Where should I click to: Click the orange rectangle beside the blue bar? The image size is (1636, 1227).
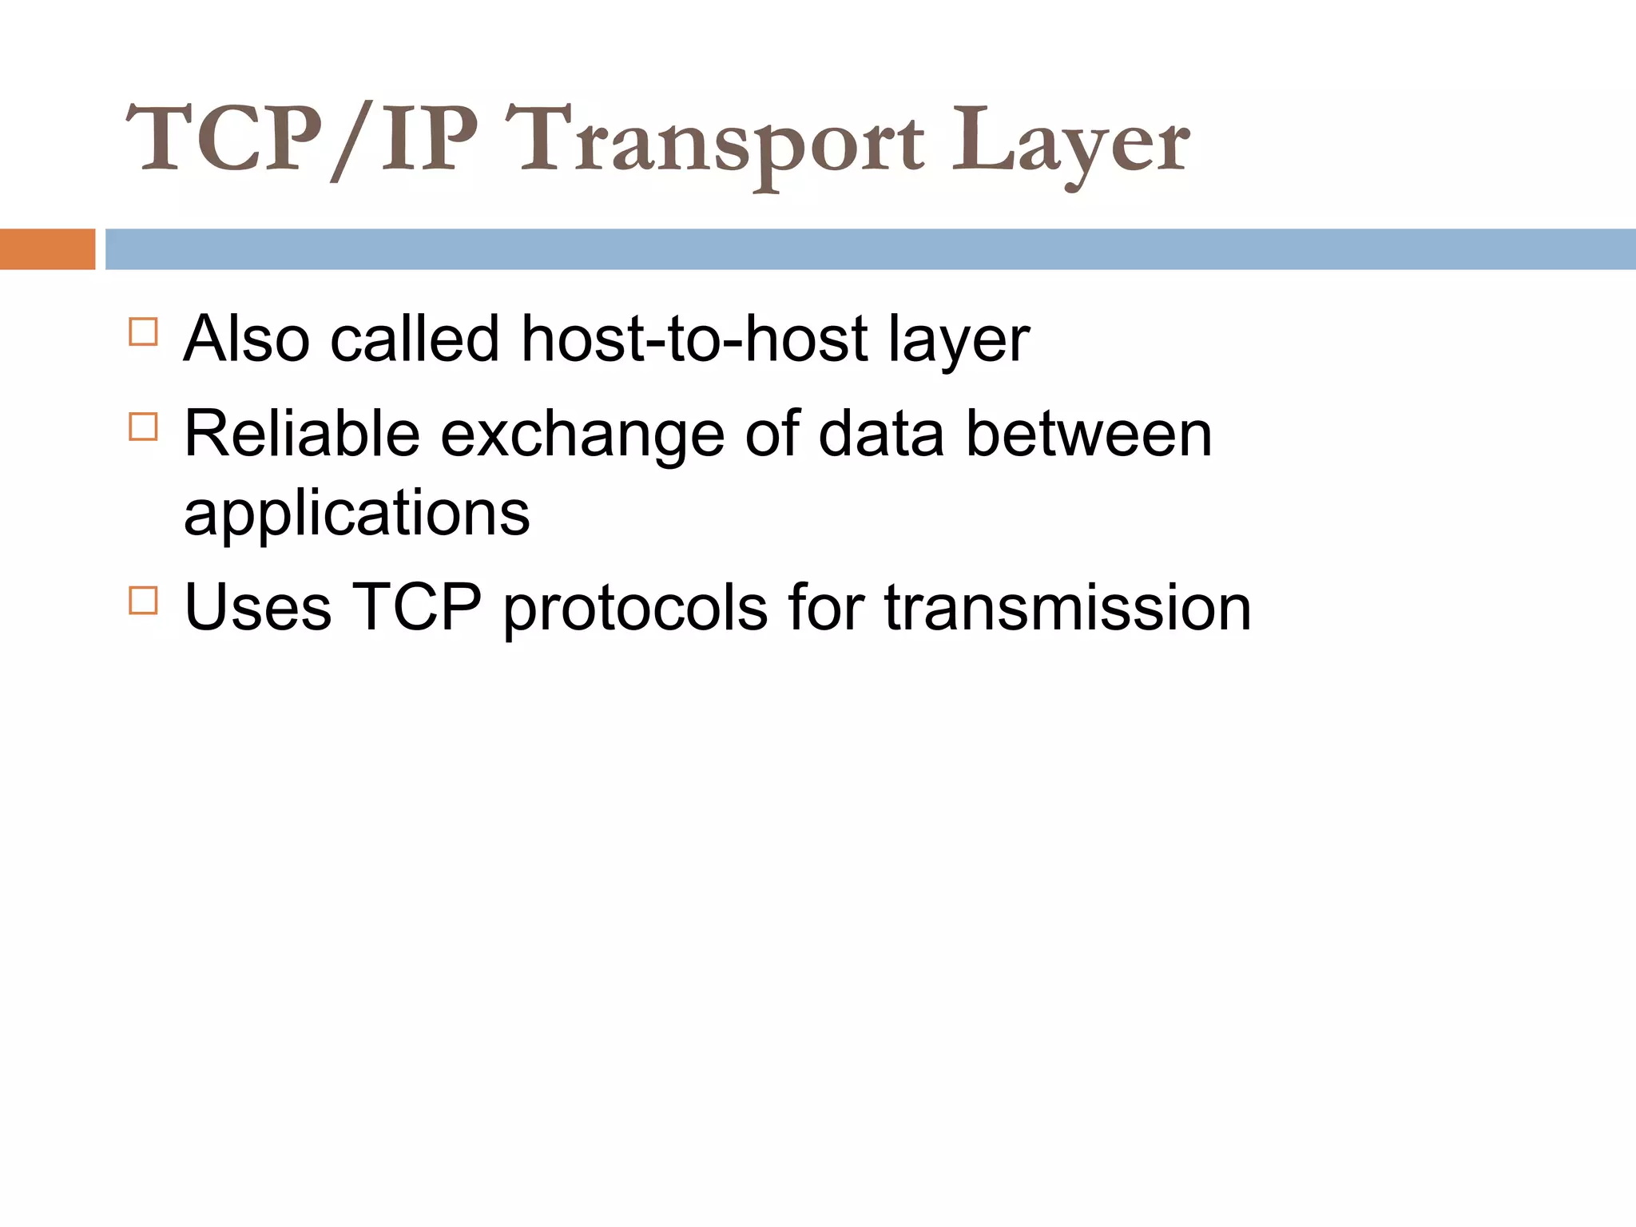point(47,249)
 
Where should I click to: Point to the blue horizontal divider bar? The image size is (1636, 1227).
point(871,249)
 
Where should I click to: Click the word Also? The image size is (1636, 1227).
point(246,339)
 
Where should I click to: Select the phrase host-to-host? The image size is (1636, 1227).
point(694,339)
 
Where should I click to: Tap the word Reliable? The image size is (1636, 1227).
point(302,434)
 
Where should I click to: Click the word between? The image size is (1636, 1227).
point(1089,434)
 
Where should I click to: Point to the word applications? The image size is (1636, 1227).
point(357,515)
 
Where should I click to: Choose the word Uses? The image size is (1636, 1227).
point(257,608)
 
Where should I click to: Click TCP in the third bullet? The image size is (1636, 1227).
point(417,608)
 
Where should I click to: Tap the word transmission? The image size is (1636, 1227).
point(1067,608)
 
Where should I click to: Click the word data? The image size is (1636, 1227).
point(881,434)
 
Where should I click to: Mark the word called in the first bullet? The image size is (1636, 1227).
point(415,339)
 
